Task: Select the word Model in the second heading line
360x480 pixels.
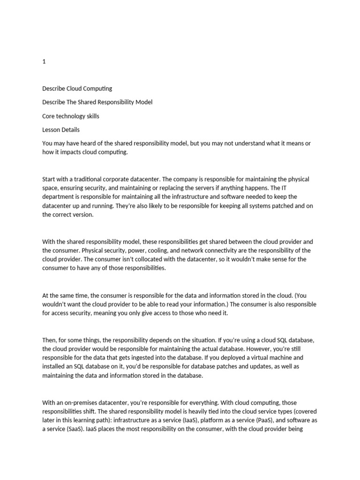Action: (143, 102)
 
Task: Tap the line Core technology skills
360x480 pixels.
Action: (70, 116)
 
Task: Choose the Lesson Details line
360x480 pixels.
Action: (61, 129)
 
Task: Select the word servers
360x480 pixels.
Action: (219, 188)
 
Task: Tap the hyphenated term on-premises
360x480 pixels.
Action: (82, 403)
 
